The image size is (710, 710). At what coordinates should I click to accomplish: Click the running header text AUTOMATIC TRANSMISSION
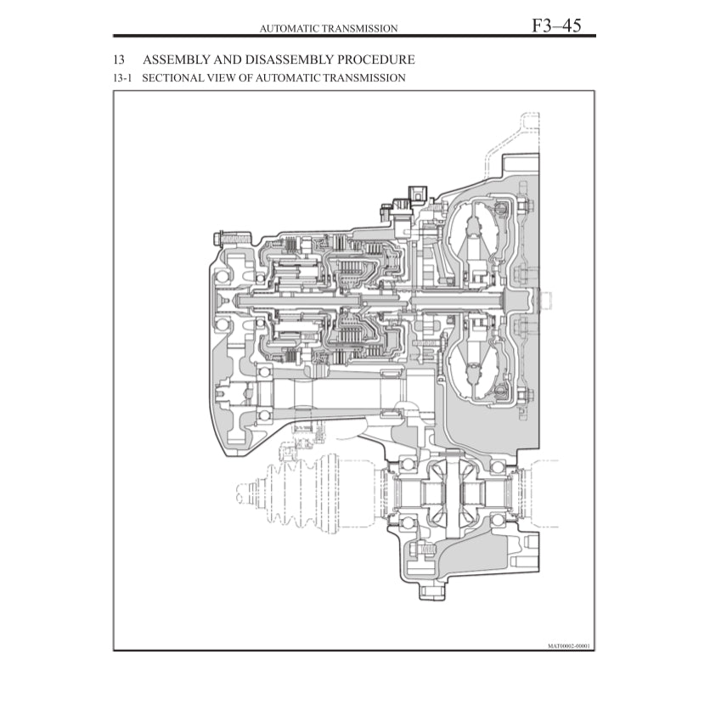pos(329,29)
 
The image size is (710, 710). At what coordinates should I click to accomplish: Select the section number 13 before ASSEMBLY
pos(119,60)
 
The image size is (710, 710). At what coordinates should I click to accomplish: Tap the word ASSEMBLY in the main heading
pos(176,60)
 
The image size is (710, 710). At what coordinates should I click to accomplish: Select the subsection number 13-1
pos(124,78)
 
